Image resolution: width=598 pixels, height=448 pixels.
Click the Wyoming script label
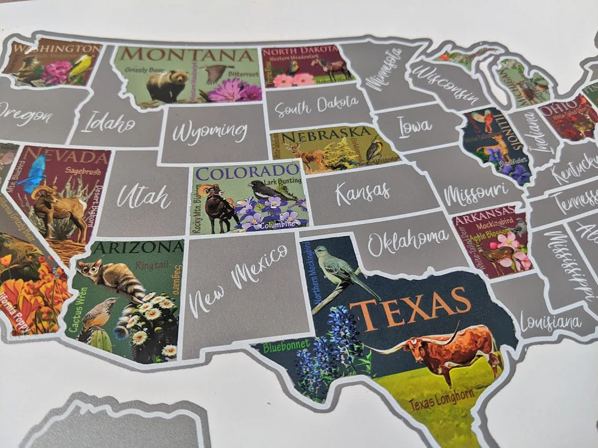tap(209, 132)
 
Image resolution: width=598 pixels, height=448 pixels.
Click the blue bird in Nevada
tap(34, 175)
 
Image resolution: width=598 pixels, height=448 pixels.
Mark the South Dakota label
tap(316, 105)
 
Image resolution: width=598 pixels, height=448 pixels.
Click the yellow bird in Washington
tap(82, 66)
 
